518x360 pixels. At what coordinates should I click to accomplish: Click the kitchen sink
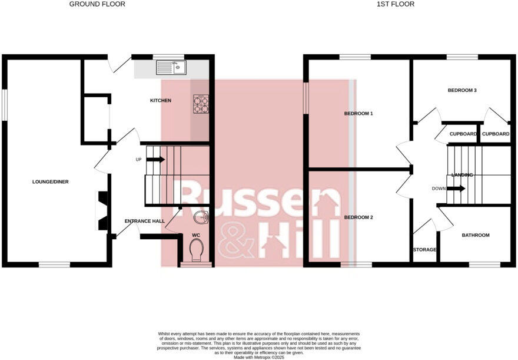(171, 68)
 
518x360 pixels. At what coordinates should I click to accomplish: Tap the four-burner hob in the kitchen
(201, 104)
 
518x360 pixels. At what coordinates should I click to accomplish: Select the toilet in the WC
(197, 250)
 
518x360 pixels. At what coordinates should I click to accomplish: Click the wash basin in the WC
(202, 218)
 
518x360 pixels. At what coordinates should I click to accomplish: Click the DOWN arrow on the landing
(456, 189)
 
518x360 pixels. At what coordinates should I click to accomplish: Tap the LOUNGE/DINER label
(51, 182)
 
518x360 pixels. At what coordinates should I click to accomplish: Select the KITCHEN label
(160, 101)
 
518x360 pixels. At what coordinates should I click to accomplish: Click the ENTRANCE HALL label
(144, 222)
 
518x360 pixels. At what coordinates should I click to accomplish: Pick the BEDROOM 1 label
(358, 114)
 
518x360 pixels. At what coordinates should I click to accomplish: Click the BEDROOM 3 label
(462, 91)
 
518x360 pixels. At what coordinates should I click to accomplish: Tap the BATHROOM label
(475, 236)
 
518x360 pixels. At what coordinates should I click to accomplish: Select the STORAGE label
(424, 250)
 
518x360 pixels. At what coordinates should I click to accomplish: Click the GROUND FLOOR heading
(97, 4)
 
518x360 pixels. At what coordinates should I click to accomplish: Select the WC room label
(197, 235)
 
